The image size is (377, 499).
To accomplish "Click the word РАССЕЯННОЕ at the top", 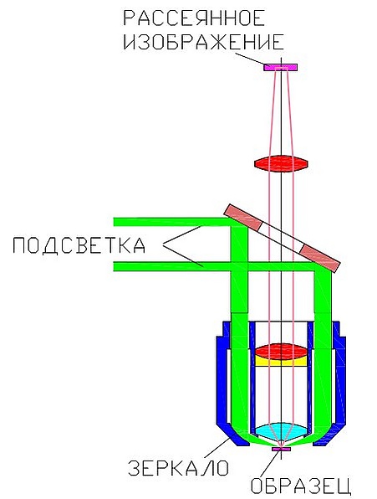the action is [194, 18].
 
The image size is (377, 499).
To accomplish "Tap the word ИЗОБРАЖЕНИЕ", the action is [203, 42].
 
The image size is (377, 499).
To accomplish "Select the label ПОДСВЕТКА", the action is [79, 245].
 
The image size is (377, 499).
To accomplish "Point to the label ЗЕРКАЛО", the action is [178, 468].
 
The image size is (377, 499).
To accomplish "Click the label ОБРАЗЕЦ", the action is [300, 486].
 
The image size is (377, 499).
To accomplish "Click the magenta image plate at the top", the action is [280, 67].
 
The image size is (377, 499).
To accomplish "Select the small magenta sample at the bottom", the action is [282, 449].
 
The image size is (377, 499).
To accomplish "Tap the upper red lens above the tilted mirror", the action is [281, 164].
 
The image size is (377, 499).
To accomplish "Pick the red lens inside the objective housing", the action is [281, 352].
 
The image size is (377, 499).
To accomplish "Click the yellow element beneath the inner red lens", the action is [281, 361].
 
